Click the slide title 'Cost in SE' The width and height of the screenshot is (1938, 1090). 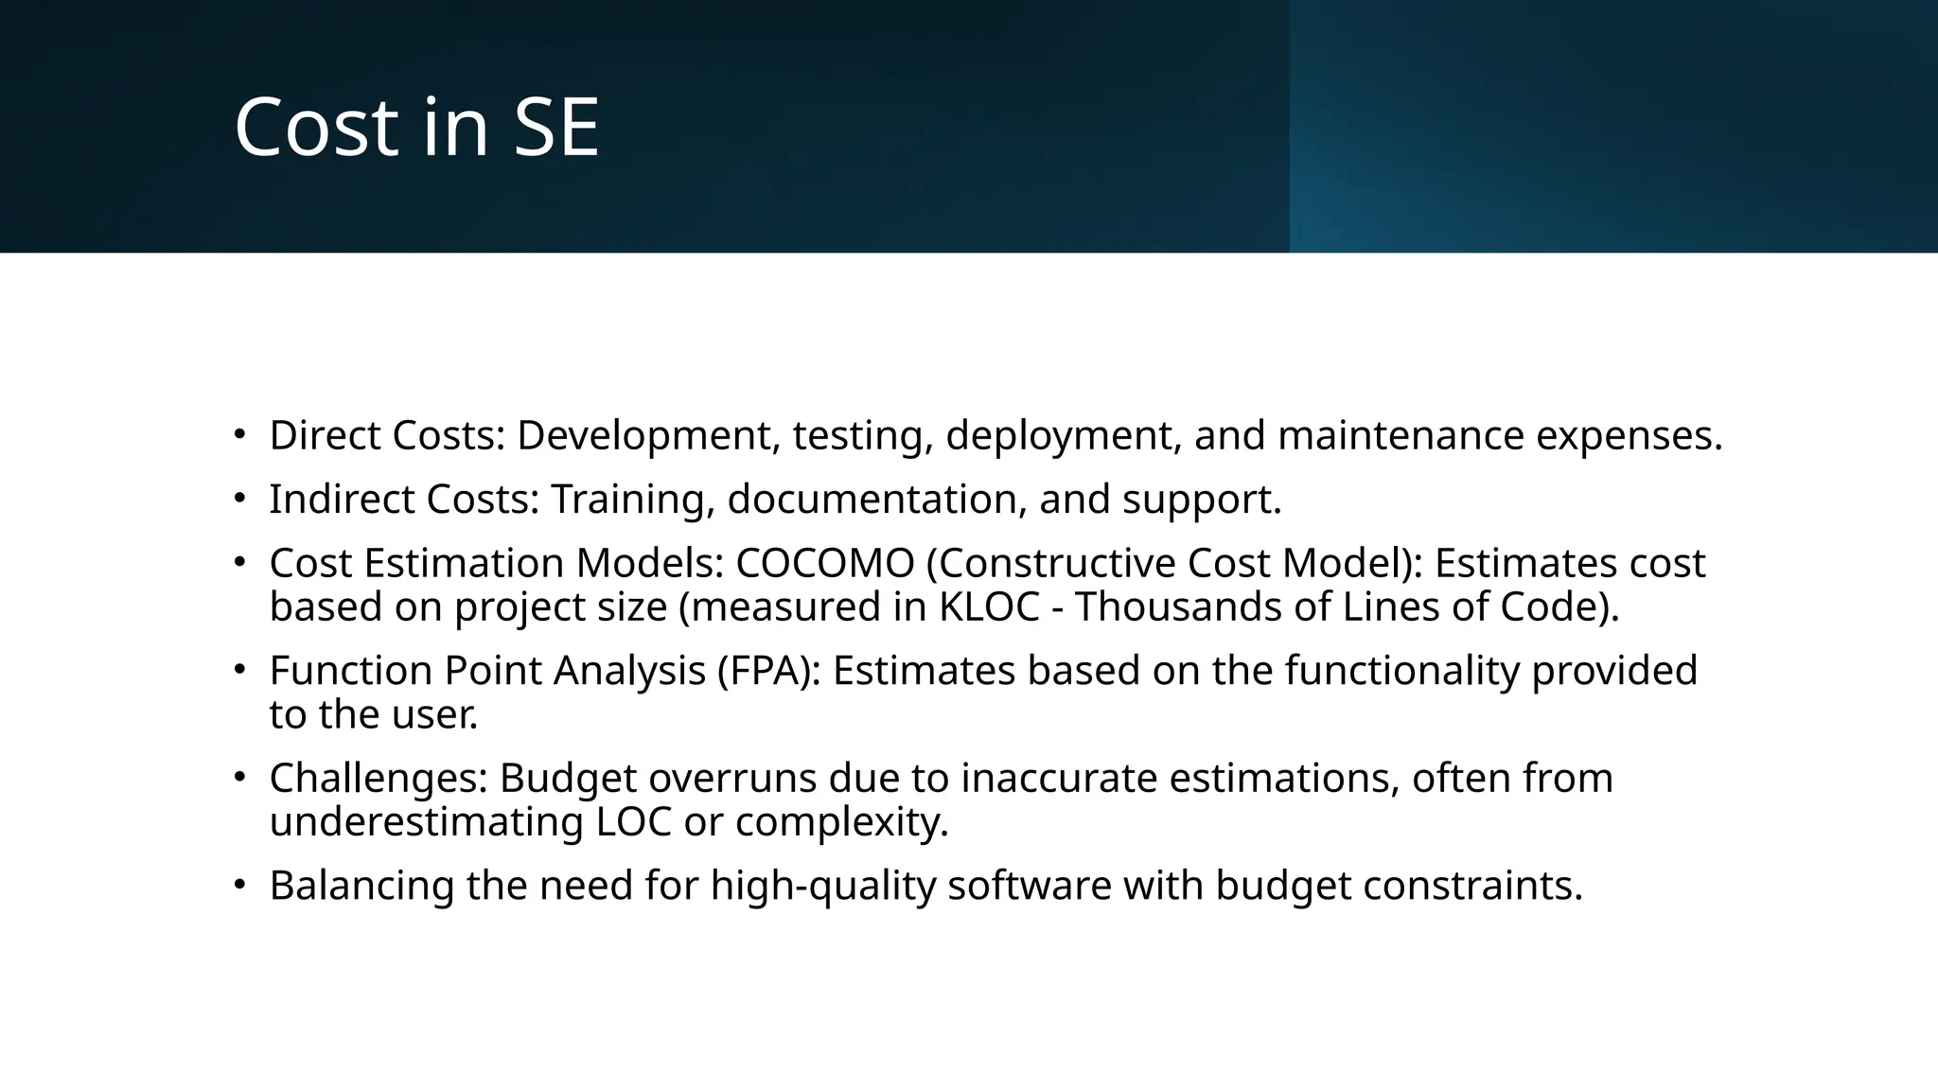tap(416, 127)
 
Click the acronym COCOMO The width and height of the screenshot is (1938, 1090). tap(825, 563)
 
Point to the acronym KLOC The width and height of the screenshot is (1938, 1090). tap(989, 607)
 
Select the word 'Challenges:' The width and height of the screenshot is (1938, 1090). tap(379, 779)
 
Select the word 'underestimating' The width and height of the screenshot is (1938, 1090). tap(427, 821)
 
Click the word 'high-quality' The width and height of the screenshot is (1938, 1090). tap(822, 886)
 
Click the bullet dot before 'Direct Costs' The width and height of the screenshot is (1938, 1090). tap(240, 435)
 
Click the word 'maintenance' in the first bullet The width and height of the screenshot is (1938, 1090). tap(1401, 435)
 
